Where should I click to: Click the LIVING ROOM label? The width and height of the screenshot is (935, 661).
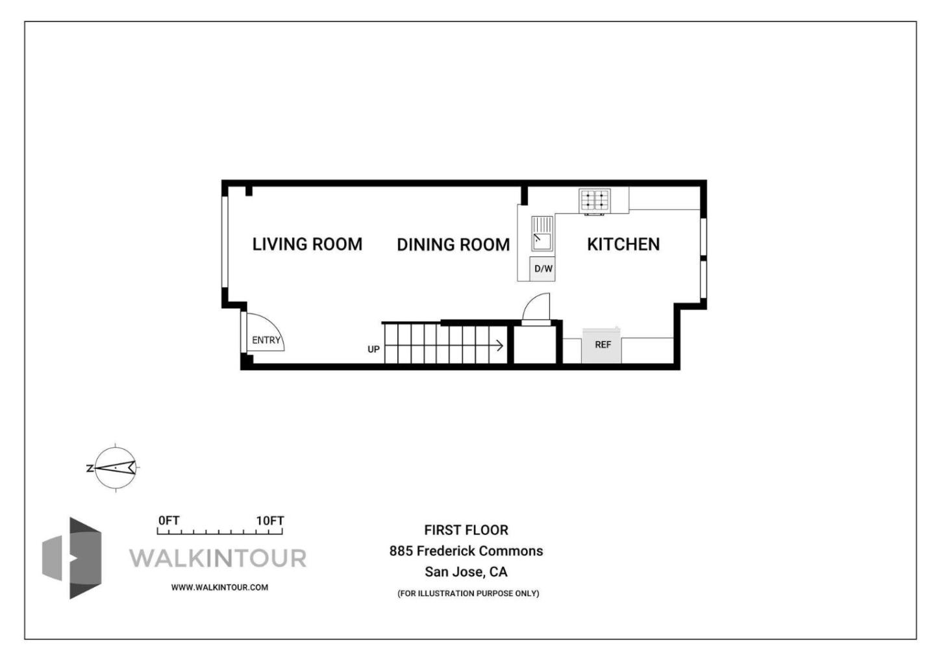pyautogui.click(x=307, y=244)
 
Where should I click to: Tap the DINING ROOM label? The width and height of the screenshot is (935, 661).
pyautogui.click(x=453, y=245)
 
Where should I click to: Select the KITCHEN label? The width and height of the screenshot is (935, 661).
pyautogui.click(x=623, y=244)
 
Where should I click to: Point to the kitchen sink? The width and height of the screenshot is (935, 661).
pyautogui.click(x=542, y=234)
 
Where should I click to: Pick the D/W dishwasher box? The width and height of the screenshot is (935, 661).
pyautogui.click(x=543, y=269)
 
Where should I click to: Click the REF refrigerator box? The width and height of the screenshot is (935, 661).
pyautogui.click(x=602, y=345)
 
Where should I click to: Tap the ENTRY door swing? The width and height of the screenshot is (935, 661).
pyautogui.click(x=265, y=334)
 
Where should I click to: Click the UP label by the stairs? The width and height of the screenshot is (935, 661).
pyautogui.click(x=373, y=349)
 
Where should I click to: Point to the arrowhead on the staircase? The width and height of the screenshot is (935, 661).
pyautogui.click(x=500, y=345)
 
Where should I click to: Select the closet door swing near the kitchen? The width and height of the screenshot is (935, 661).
pyautogui.click(x=538, y=308)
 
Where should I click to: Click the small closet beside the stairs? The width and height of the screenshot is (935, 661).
pyautogui.click(x=535, y=345)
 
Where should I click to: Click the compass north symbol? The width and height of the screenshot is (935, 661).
pyautogui.click(x=115, y=468)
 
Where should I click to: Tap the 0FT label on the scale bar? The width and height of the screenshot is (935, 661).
pyautogui.click(x=169, y=521)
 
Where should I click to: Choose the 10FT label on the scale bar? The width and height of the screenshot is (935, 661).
pyautogui.click(x=269, y=521)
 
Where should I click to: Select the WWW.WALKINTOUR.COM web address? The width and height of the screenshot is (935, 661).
pyautogui.click(x=219, y=588)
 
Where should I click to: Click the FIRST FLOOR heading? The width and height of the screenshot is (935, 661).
pyautogui.click(x=466, y=530)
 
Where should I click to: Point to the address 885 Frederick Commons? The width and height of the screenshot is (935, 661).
pyautogui.click(x=466, y=551)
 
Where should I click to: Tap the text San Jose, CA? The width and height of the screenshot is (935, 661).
pyautogui.click(x=466, y=572)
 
